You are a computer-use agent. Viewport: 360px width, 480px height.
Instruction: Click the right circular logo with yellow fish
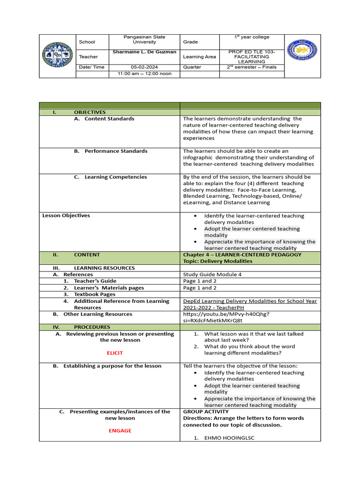[301, 50]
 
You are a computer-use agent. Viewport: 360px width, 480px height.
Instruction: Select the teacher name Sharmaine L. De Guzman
[144, 52]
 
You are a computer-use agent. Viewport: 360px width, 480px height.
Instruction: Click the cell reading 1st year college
[252, 37]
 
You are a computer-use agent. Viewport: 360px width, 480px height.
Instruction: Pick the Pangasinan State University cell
[144, 39]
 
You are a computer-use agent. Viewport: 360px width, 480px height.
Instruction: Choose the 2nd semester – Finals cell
[252, 67]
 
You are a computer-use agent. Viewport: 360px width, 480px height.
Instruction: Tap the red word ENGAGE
[120, 431]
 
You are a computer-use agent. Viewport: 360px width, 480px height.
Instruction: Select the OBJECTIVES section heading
[90, 112]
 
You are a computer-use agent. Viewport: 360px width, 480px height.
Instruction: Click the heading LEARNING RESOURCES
[104, 268]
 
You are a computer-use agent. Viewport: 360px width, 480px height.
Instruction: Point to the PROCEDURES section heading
[92, 327]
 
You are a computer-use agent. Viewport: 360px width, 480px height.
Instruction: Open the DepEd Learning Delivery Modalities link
[250, 304]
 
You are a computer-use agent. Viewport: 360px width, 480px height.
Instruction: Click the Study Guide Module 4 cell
[212, 275]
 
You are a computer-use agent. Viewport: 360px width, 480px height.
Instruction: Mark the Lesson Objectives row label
[66, 216]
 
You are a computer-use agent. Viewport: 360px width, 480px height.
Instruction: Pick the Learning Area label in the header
[200, 57]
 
